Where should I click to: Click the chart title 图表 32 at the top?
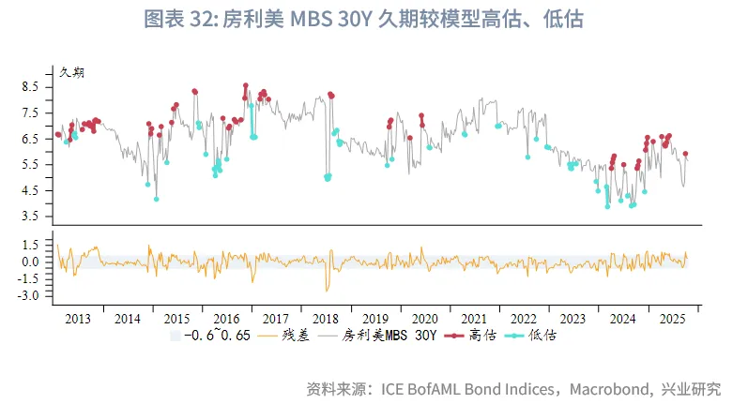pos(373,19)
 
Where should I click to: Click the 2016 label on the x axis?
pos(228,319)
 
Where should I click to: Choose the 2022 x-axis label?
pos(524,319)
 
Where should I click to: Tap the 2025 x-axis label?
pos(673,319)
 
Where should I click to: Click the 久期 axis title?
pos(71,72)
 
